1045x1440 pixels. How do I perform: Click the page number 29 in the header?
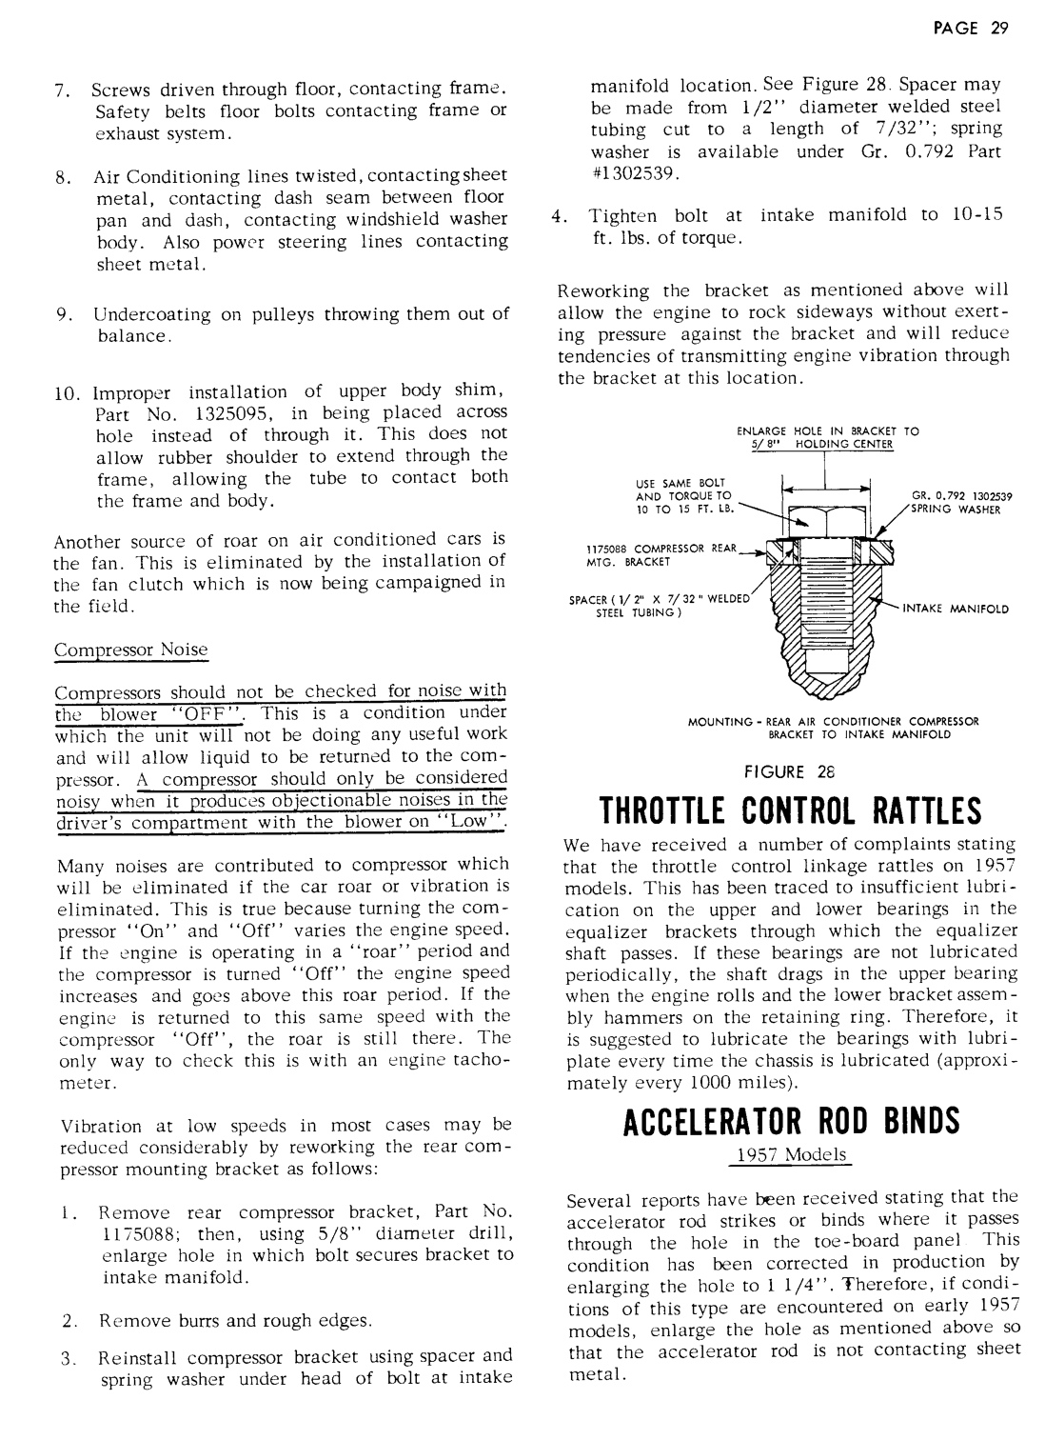point(998,27)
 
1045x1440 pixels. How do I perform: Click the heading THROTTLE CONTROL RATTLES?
point(790,811)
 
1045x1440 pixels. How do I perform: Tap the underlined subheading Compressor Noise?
point(130,650)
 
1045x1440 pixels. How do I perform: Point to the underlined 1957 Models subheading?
point(792,1154)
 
